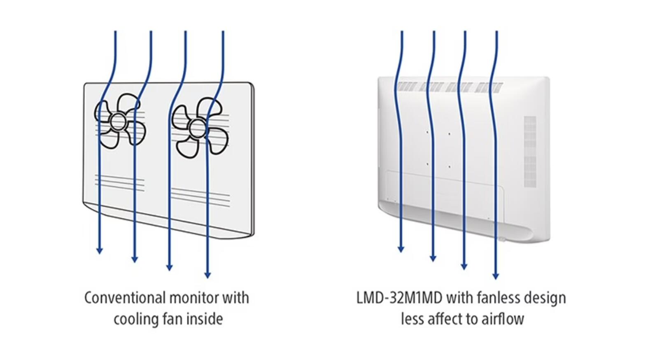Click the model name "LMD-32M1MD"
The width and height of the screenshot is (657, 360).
[x=399, y=297]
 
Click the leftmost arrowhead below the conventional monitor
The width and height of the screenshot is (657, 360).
[x=100, y=251]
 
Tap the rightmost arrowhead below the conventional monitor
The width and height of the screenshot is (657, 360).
[x=207, y=275]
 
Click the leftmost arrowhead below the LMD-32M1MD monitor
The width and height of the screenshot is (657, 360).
[x=401, y=249]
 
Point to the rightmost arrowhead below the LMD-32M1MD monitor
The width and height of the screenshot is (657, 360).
[x=496, y=276]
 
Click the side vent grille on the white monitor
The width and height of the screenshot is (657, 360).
[x=530, y=152]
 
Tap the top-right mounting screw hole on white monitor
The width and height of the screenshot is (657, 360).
[x=449, y=134]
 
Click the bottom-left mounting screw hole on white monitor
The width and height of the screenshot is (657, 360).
[x=427, y=164]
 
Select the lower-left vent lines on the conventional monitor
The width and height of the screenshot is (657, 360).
[x=120, y=183]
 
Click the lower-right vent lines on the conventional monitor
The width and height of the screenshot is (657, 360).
[x=200, y=197]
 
